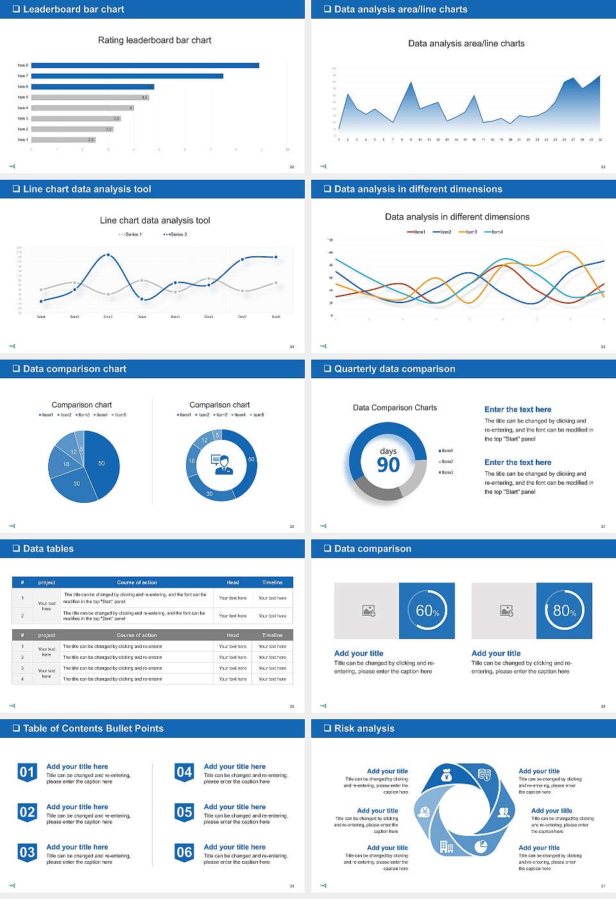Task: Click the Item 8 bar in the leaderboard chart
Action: coord(145,65)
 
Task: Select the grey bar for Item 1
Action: coord(63,139)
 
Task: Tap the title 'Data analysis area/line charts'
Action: coord(466,44)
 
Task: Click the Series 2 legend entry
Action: coord(176,234)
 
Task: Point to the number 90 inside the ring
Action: coord(388,465)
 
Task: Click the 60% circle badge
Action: coord(427,611)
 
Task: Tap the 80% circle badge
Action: coord(565,611)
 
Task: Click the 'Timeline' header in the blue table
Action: coord(272,582)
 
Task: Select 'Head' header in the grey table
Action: coord(232,635)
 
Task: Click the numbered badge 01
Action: coord(27,772)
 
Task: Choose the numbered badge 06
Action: coord(184,853)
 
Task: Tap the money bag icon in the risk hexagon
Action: coord(447,776)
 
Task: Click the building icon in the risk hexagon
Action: coord(447,847)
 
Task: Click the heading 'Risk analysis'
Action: coord(364,728)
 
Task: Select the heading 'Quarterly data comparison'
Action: coord(394,369)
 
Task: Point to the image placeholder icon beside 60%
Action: coord(369,611)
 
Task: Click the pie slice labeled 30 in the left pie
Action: coord(76,484)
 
